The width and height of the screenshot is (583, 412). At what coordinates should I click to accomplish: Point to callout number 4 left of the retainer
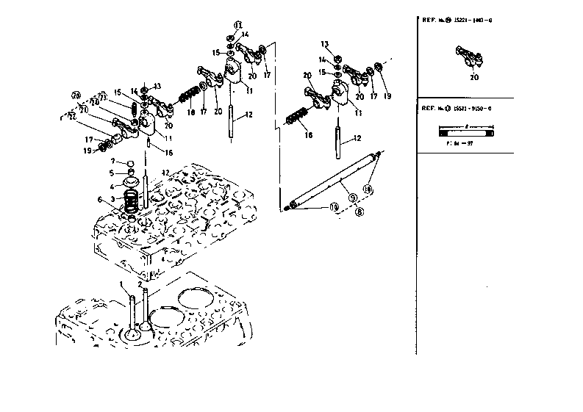click(x=112, y=187)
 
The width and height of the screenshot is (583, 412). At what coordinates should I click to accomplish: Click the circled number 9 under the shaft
click(x=352, y=197)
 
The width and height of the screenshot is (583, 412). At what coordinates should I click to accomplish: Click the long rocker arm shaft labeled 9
click(x=335, y=179)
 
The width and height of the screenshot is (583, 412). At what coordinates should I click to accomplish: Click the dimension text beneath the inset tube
click(x=457, y=145)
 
